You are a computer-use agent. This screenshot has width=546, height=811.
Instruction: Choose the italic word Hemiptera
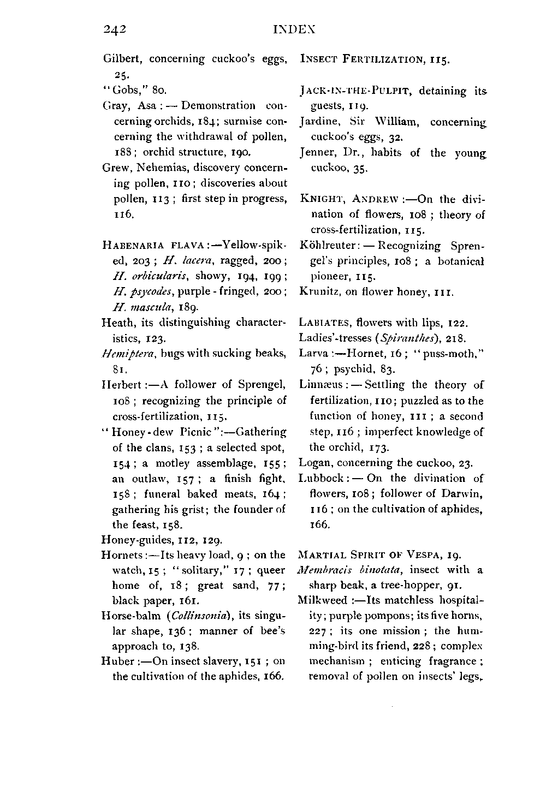(x=123, y=354)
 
